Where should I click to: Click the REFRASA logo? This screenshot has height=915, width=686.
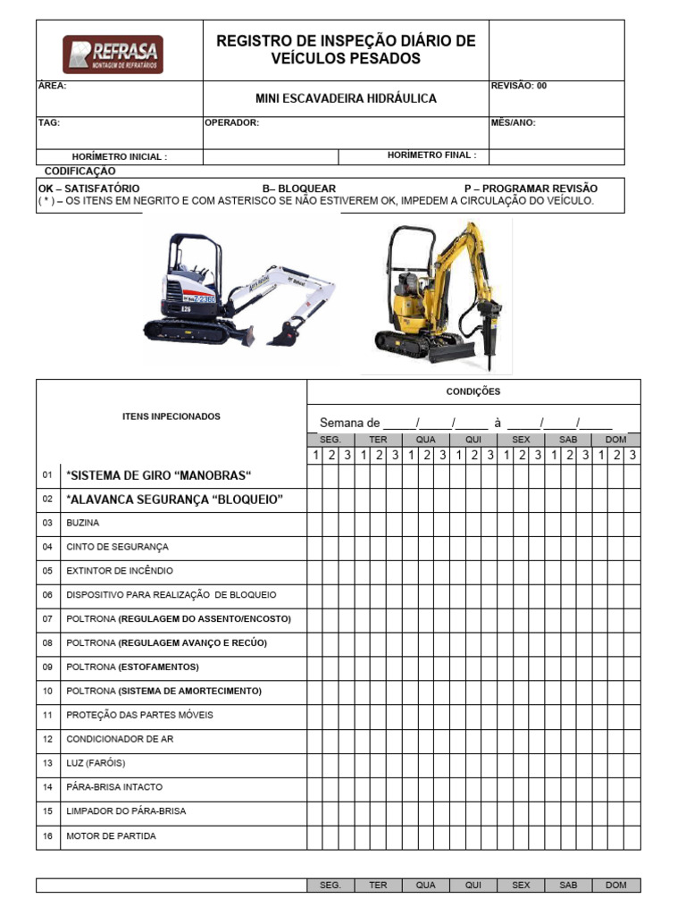(x=113, y=55)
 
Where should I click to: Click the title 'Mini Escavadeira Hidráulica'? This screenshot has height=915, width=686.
(x=346, y=98)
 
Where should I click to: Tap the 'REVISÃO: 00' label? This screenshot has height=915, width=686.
(x=519, y=86)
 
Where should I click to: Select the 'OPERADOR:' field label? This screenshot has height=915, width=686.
(x=232, y=123)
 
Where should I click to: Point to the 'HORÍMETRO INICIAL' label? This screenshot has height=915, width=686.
(x=119, y=156)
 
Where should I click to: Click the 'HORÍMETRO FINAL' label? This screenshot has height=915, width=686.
(x=431, y=155)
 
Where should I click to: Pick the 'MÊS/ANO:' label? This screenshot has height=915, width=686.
(x=514, y=123)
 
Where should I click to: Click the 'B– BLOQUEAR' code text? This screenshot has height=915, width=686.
(x=299, y=189)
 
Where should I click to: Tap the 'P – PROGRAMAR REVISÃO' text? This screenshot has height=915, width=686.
(x=531, y=189)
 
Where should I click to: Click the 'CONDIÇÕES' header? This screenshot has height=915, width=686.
(x=473, y=391)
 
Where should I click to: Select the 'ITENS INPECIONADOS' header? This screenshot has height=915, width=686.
(x=171, y=416)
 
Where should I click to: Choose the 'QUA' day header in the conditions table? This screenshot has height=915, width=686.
(x=426, y=440)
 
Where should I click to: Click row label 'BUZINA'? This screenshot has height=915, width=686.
(x=83, y=523)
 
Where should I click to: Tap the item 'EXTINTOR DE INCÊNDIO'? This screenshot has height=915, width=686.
(x=120, y=571)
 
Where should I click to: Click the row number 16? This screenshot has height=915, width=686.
(x=47, y=836)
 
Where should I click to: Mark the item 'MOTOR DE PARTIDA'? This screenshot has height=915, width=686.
(x=111, y=836)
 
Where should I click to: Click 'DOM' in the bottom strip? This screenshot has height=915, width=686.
(x=616, y=886)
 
